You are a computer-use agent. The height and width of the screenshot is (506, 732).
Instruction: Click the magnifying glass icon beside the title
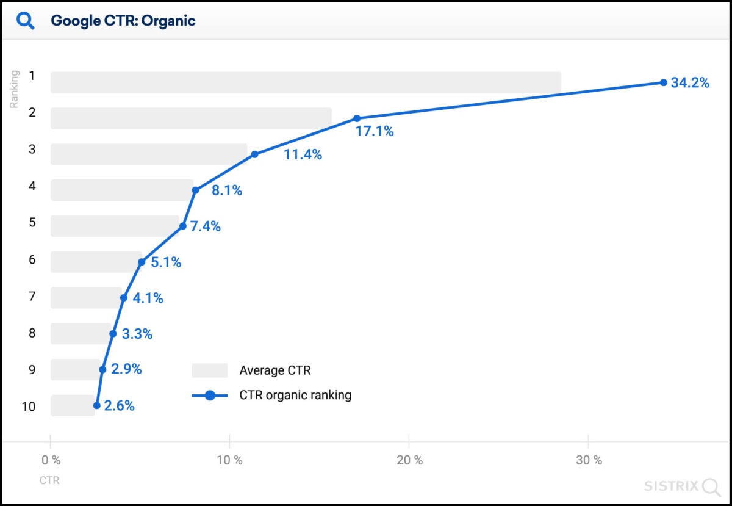tap(26, 21)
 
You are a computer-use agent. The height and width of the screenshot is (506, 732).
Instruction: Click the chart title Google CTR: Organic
tap(123, 21)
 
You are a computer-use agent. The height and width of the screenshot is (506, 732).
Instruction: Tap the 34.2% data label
tap(690, 83)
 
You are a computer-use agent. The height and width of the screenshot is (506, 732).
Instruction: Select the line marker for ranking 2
tap(357, 118)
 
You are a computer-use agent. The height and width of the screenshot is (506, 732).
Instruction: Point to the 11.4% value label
tap(303, 154)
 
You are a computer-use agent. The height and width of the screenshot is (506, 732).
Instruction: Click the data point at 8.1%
tap(196, 190)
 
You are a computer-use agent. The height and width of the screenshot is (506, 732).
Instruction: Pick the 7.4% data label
tap(206, 226)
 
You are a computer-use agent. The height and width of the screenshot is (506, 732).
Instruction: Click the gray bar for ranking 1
tap(305, 82)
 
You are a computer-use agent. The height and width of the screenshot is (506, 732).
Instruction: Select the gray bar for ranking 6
tap(96, 262)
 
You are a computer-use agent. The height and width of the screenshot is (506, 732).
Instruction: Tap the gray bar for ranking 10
tap(73, 405)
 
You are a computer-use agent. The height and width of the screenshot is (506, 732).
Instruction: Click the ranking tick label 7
tap(32, 296)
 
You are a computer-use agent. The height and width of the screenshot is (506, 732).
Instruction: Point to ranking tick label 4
tap(32, 186)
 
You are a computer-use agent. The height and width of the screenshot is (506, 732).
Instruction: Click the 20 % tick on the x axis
tap(409, 460)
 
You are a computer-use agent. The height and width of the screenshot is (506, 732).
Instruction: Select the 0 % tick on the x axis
tap(51, 460)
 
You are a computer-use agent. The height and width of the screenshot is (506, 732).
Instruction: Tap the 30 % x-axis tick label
tap(589, 460)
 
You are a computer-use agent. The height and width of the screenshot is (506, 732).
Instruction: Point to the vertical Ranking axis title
tap(15, 89)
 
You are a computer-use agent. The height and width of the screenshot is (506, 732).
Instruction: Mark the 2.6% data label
tap(120, 406)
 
